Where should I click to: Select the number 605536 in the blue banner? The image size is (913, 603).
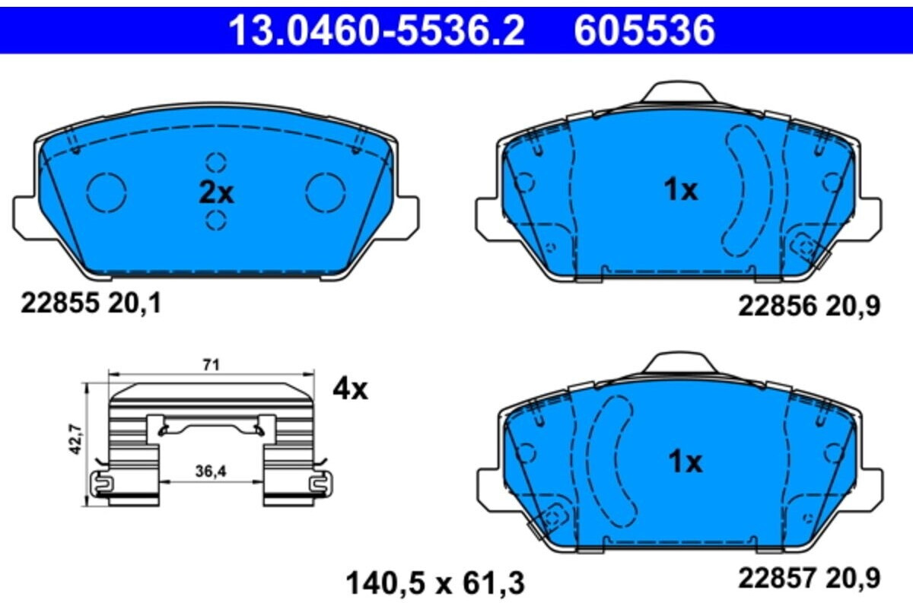point(644,30)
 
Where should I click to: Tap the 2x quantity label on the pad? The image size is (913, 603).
point(216,193)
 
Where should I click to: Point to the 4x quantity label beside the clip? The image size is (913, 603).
point(350,389)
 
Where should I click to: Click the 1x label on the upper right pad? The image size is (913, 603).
point(680,190)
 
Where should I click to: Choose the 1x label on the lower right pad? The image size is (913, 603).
point(685,462)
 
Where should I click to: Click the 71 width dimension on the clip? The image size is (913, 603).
point(212,366)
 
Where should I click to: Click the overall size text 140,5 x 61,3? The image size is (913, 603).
point(436,583)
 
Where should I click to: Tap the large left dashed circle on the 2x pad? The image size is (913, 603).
point(106,192)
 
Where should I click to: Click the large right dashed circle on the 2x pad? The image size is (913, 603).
point(326,192)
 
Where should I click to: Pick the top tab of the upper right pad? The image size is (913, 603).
point(679,94)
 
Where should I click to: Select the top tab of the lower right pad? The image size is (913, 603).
point(679,363)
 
